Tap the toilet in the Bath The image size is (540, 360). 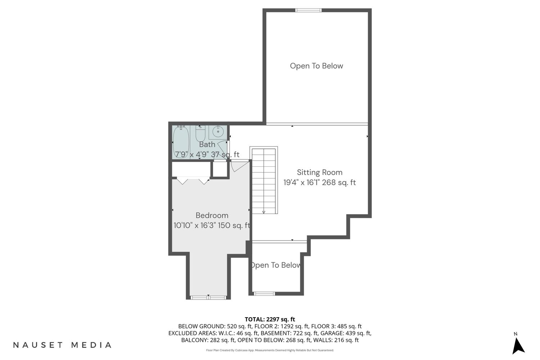[200, 134]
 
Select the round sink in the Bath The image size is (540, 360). [218, 132]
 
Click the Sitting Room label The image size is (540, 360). [320, 172]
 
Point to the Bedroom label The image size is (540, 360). [212, 215]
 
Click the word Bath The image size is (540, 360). [207, 144]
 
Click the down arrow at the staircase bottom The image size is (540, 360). [264, 212]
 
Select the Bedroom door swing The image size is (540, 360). [239, 166]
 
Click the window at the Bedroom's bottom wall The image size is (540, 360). [208, 298]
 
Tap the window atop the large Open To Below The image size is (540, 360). [308, 10]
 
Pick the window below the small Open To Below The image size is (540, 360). [264, 293]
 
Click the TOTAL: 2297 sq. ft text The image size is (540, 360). [270, 319]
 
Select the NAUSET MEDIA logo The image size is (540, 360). [62, 345]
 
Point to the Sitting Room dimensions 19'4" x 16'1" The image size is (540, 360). [301, 183]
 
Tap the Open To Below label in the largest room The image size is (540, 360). [316, 66]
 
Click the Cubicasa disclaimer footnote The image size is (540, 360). [270, 350]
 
